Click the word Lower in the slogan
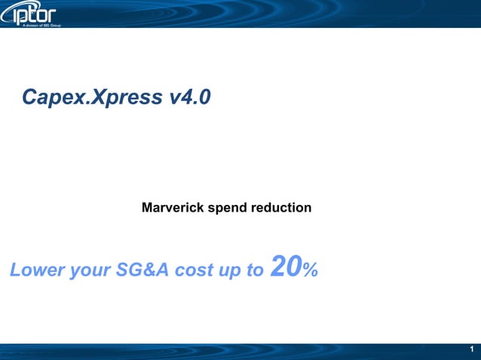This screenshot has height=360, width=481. pos(36,270)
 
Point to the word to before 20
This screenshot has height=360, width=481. pos(254,270)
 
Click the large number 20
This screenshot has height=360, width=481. pos(286,266)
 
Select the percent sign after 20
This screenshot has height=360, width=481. pos(310,270)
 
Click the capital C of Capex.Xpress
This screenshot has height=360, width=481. pos(30,97)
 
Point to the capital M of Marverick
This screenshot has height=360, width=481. pos(148,206)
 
